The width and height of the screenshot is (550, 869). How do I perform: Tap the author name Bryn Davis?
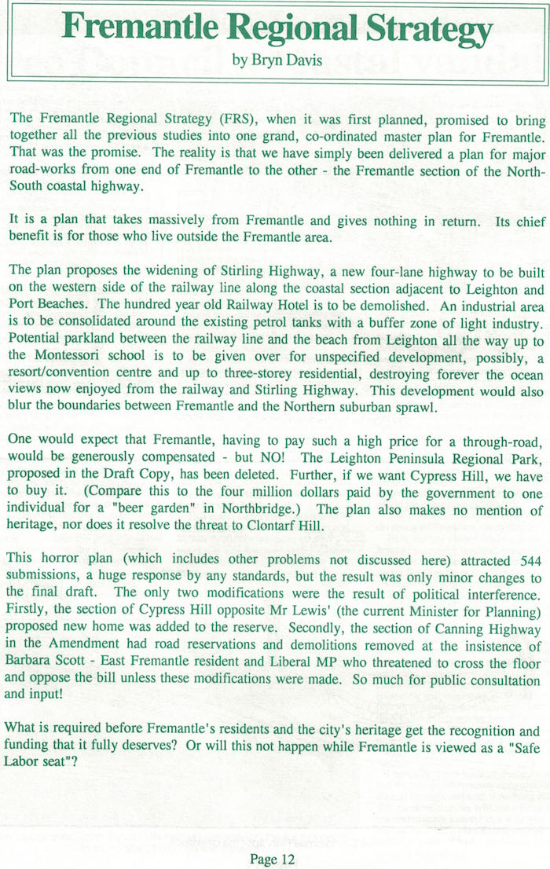click(x=277, y=61)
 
